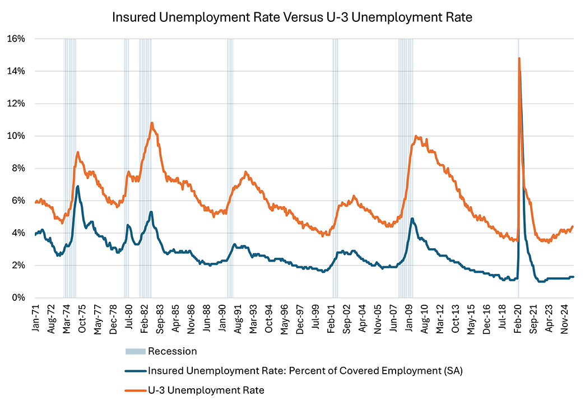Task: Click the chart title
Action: click(x=292, y=17)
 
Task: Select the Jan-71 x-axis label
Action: click(x=35, y=319)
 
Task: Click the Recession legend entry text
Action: click(x=173, y=352)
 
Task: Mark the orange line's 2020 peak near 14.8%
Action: click(x=519, y=58)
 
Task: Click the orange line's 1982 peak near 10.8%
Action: click(x=151, y=123)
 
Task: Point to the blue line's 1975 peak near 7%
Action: click(x=78, y=186)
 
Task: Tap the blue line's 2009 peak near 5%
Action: click(x=412, y=218)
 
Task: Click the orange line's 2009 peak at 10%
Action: click(x=415, y=136)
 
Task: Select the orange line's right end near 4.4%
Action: click(x=572, y=226)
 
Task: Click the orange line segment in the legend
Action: click(x=134, y=390)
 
